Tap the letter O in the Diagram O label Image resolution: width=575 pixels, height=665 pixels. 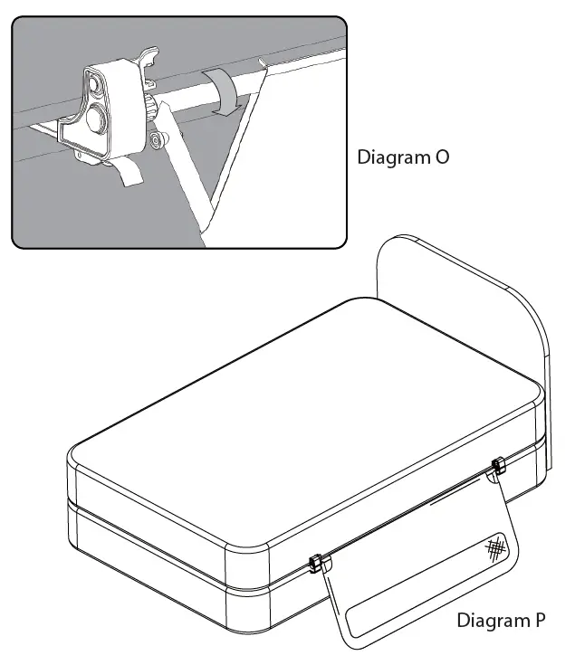click(440, 157)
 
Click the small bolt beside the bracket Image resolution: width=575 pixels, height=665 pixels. click(159, 141)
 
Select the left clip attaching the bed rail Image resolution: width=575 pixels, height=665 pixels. click(313, 564)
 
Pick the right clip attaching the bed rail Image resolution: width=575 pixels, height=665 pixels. click(496, 468)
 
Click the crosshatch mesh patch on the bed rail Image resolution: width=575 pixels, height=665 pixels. click(495, 547)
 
